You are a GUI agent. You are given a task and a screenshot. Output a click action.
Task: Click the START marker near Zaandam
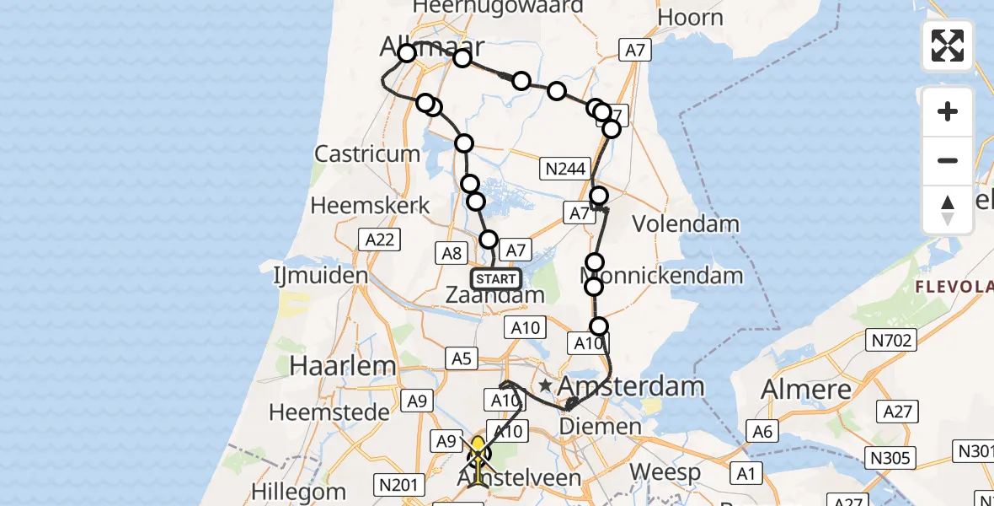495,278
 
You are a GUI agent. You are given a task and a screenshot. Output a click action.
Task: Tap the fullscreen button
948,46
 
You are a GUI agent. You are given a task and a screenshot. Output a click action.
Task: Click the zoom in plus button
948,111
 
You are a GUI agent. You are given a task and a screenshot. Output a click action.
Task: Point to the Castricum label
366,154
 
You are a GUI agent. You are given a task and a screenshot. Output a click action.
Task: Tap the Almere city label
806,390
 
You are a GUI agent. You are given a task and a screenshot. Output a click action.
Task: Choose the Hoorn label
690,18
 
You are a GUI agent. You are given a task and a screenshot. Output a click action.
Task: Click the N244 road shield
565,170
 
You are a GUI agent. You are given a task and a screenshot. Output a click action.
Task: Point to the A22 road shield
379,240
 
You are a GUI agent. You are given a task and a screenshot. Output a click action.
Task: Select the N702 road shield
890,340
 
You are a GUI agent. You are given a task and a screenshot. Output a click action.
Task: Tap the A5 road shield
461,358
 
